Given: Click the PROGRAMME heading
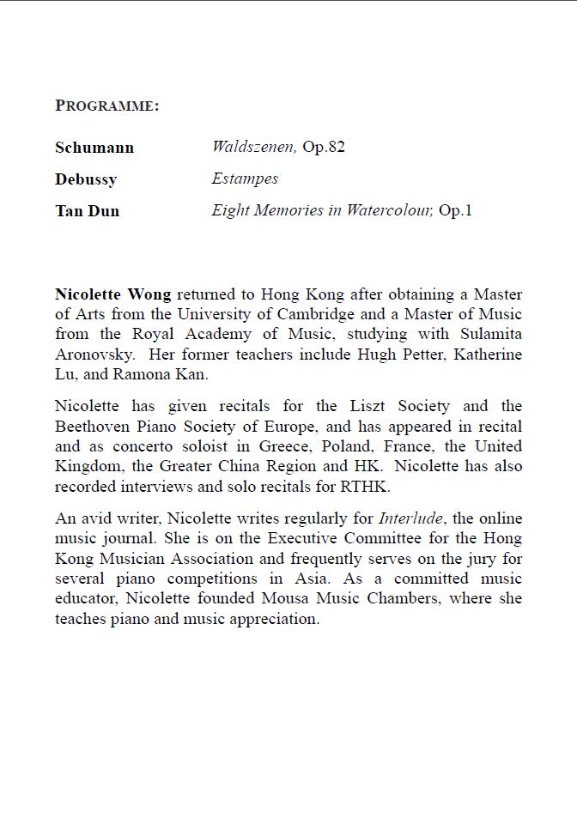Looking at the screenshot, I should (107, 106).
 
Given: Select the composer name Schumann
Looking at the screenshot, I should (94, 148).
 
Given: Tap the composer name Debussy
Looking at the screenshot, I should (86, 179).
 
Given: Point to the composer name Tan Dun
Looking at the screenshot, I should (88, 211).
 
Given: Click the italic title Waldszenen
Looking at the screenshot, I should (254, 147).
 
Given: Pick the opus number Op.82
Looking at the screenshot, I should (324, 147).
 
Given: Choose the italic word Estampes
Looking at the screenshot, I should (245, 179).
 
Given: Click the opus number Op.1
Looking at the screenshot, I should (456, 210).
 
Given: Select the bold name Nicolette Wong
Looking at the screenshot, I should (112, 294).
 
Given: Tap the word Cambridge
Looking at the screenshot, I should (343, 314).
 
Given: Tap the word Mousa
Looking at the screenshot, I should (288, 598).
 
